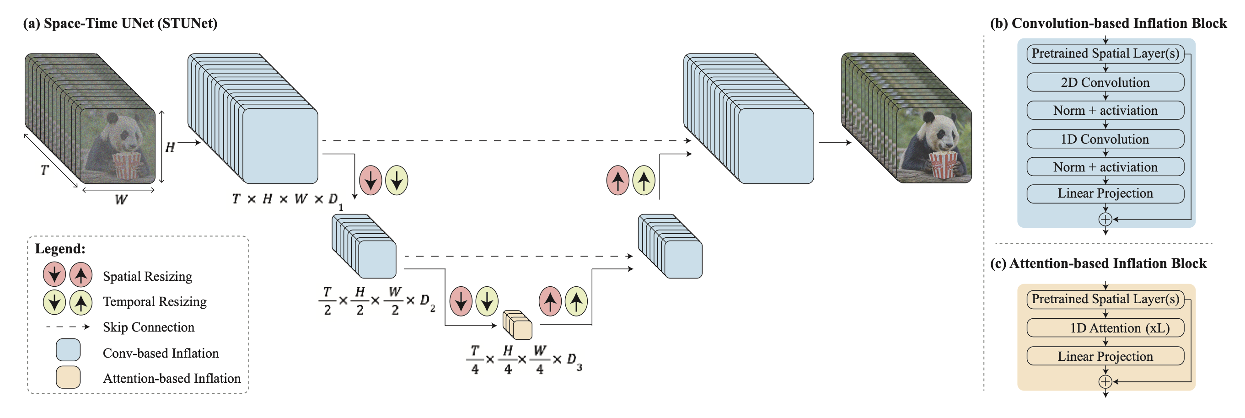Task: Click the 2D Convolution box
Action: pyautogui.click(x=1105, y=82)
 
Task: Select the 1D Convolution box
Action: pyautogui.click(x=1105, y=139)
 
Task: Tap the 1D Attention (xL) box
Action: pyautogui.click(x=1105, y=328)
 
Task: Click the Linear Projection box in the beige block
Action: pyautogui.click(x=1105, y=356)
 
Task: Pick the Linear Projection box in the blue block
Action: pyautogui.click(x=1105, y=193)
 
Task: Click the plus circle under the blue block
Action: pyautogui.click(x=1105, y=220)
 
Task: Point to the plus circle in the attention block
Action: pyautogui.click(x=1105, y=382)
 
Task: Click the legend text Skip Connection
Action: pyautogui.click(x=148, y=327)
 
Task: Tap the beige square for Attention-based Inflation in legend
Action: pyautogui.click(x=68, y=377)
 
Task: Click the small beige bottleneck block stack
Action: pyautogui.click(x=518, y=325)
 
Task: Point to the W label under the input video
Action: pyautogui.click(x=121, y=199)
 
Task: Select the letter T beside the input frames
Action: pyautogui.click(x=44, y=170)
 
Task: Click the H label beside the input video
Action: pyautogui.click(x=170, y=147)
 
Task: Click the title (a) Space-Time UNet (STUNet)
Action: pyautogui.click(x=120, y=23)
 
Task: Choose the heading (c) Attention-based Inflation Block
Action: pyautogui.click(x=1098, y=263)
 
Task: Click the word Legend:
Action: pyautogui.click(x=60, y=249)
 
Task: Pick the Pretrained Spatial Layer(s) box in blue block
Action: pyautogui.click(x=1105, y=54)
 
